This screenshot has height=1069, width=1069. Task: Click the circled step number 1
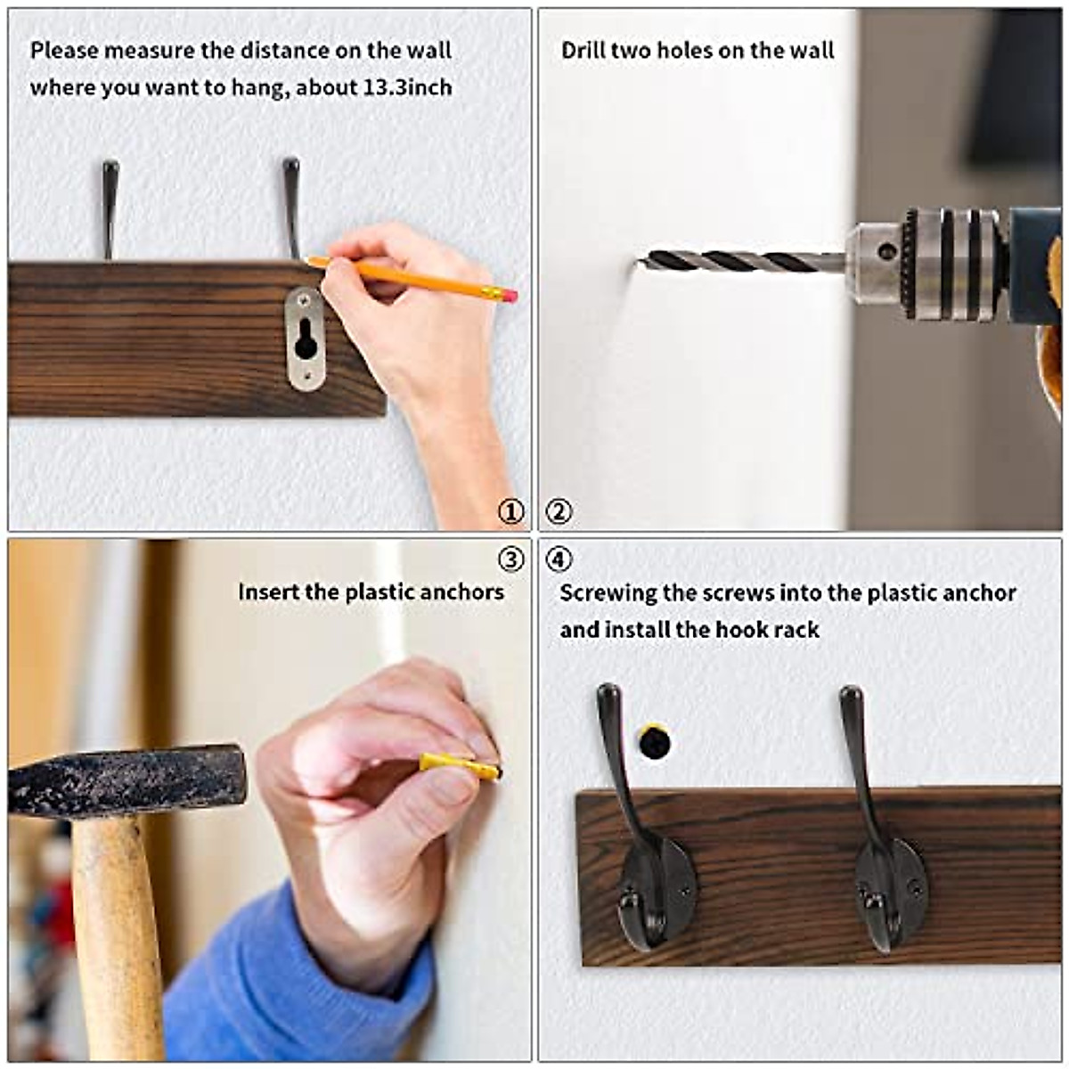pos(510,512)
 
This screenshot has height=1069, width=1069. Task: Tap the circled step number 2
pos(559,512)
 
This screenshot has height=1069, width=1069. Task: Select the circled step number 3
pos(510,559)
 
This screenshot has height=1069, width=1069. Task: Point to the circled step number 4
pos(559,559)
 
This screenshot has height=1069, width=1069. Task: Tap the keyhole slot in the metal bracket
pos(306,339)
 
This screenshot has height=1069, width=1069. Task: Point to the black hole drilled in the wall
pos(655,741)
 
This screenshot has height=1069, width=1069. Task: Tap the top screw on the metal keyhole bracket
pos(306,301)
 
